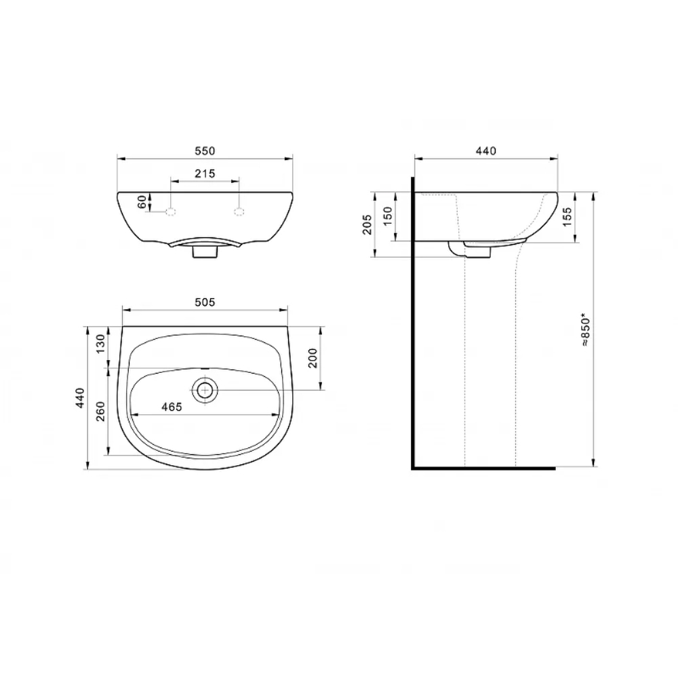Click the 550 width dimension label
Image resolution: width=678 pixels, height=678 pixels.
click(205, 151)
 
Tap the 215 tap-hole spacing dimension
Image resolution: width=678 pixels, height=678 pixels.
click(205, 174)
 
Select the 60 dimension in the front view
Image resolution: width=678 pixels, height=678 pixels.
click(142, 202)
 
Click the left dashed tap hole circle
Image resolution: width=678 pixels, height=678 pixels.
click(171, 212)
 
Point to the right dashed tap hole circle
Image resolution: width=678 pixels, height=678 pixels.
click(239, 212)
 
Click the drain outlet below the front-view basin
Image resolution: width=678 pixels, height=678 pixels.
click(205, 252)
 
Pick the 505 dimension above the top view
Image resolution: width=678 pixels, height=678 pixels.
click(205, 302)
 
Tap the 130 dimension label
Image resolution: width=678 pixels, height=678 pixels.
click(100, 344)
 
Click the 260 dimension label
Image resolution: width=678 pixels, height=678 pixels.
click(100, 412)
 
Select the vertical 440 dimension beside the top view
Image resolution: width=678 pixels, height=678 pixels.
click(80, 398)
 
